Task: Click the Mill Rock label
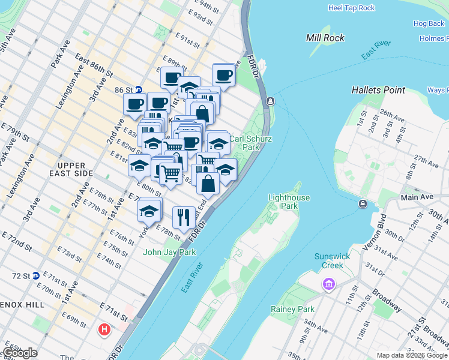[325, 38]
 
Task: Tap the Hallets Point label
[378, 90]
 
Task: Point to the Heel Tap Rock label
[351, 8]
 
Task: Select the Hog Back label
[429, 24]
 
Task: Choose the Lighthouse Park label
[289, 202]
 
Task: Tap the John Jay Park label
[169, 253]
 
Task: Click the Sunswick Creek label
[333, 261]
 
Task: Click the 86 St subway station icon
[138, 89]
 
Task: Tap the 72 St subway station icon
[36, 275]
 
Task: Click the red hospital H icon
[105, 329]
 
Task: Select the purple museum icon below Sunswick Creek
[328, 283]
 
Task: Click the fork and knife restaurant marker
[184, 217]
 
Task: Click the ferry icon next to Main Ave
[363, 205]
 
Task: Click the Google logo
[20, 353]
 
